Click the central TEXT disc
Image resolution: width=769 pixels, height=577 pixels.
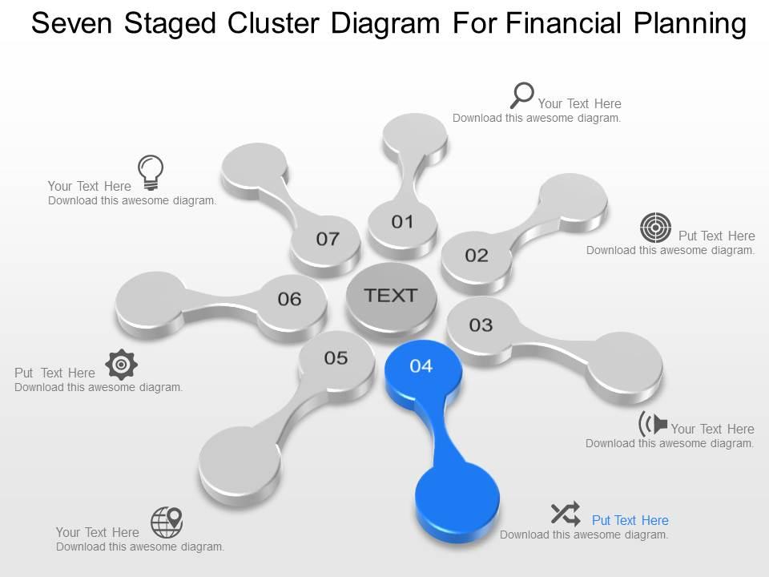pyautogui.click(x=392, y=296)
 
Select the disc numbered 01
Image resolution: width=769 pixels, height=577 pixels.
pyautogui.click(x=402, y=222)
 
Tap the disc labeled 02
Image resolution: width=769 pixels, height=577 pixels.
pyautogui.click(x=477, y=256)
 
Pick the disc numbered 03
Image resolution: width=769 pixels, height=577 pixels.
pyautogui.click(x=481, y=325)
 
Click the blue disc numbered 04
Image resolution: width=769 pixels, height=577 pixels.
pyautogui.click(x=422, y=366)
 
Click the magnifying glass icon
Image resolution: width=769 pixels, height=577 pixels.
pyautogui.click(x=521, y=95)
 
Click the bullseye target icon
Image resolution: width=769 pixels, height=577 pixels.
pyautogui.click(x=655, y=228)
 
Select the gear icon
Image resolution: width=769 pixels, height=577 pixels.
pyautogui.click(x=121, y=365)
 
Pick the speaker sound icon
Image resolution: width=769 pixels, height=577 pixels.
pyautogui.click(x=653, y=423)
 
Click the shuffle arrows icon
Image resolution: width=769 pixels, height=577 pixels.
pyautogui.click(x=566, y=514)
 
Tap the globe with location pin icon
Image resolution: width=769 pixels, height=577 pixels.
pyautogui.click(x=167, y=523)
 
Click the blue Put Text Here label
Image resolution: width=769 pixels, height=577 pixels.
pyautogui.click(x=630, y=520)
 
